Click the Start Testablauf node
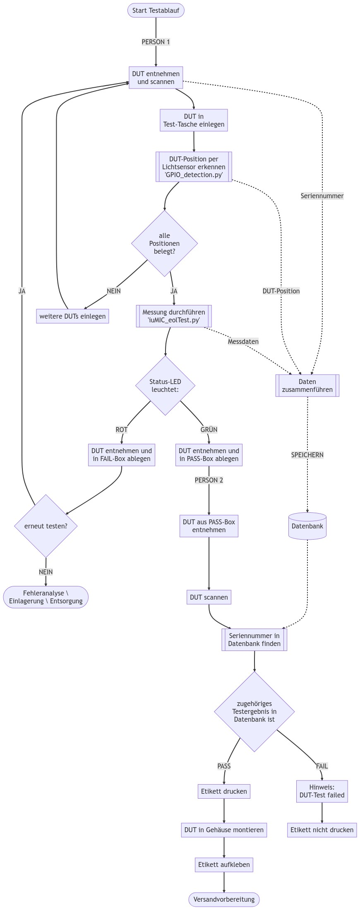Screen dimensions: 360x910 pos(156,10)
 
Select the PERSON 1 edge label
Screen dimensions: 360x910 pos(156,42)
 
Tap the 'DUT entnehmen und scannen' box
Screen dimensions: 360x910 pos(156,78)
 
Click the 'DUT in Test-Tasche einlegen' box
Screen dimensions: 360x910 pos(194,120)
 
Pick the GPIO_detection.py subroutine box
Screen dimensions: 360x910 pos(194,167)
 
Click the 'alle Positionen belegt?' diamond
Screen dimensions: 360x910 pos(164,243)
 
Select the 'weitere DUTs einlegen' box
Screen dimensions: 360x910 pos(72,316)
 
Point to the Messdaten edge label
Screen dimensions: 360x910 pos(243,341)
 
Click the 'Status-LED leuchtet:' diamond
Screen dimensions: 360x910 pos(165,386)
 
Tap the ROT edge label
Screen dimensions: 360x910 pos(122,430)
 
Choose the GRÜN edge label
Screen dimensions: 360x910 pos(209,430)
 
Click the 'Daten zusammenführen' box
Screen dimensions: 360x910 pos(307,386)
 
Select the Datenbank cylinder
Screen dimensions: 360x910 pos(307,526)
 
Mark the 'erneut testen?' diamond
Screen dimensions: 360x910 pos(46,526)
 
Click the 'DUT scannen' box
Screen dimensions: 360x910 pos(209,597)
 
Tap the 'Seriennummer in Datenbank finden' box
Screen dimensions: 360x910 pos(254,640)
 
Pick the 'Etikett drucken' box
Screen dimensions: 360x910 pos(224,791)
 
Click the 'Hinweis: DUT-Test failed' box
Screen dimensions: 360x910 pos(322,791)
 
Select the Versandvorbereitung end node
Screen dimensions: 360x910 pos(224,899)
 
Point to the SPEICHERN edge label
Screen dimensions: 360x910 pos(307,455)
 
